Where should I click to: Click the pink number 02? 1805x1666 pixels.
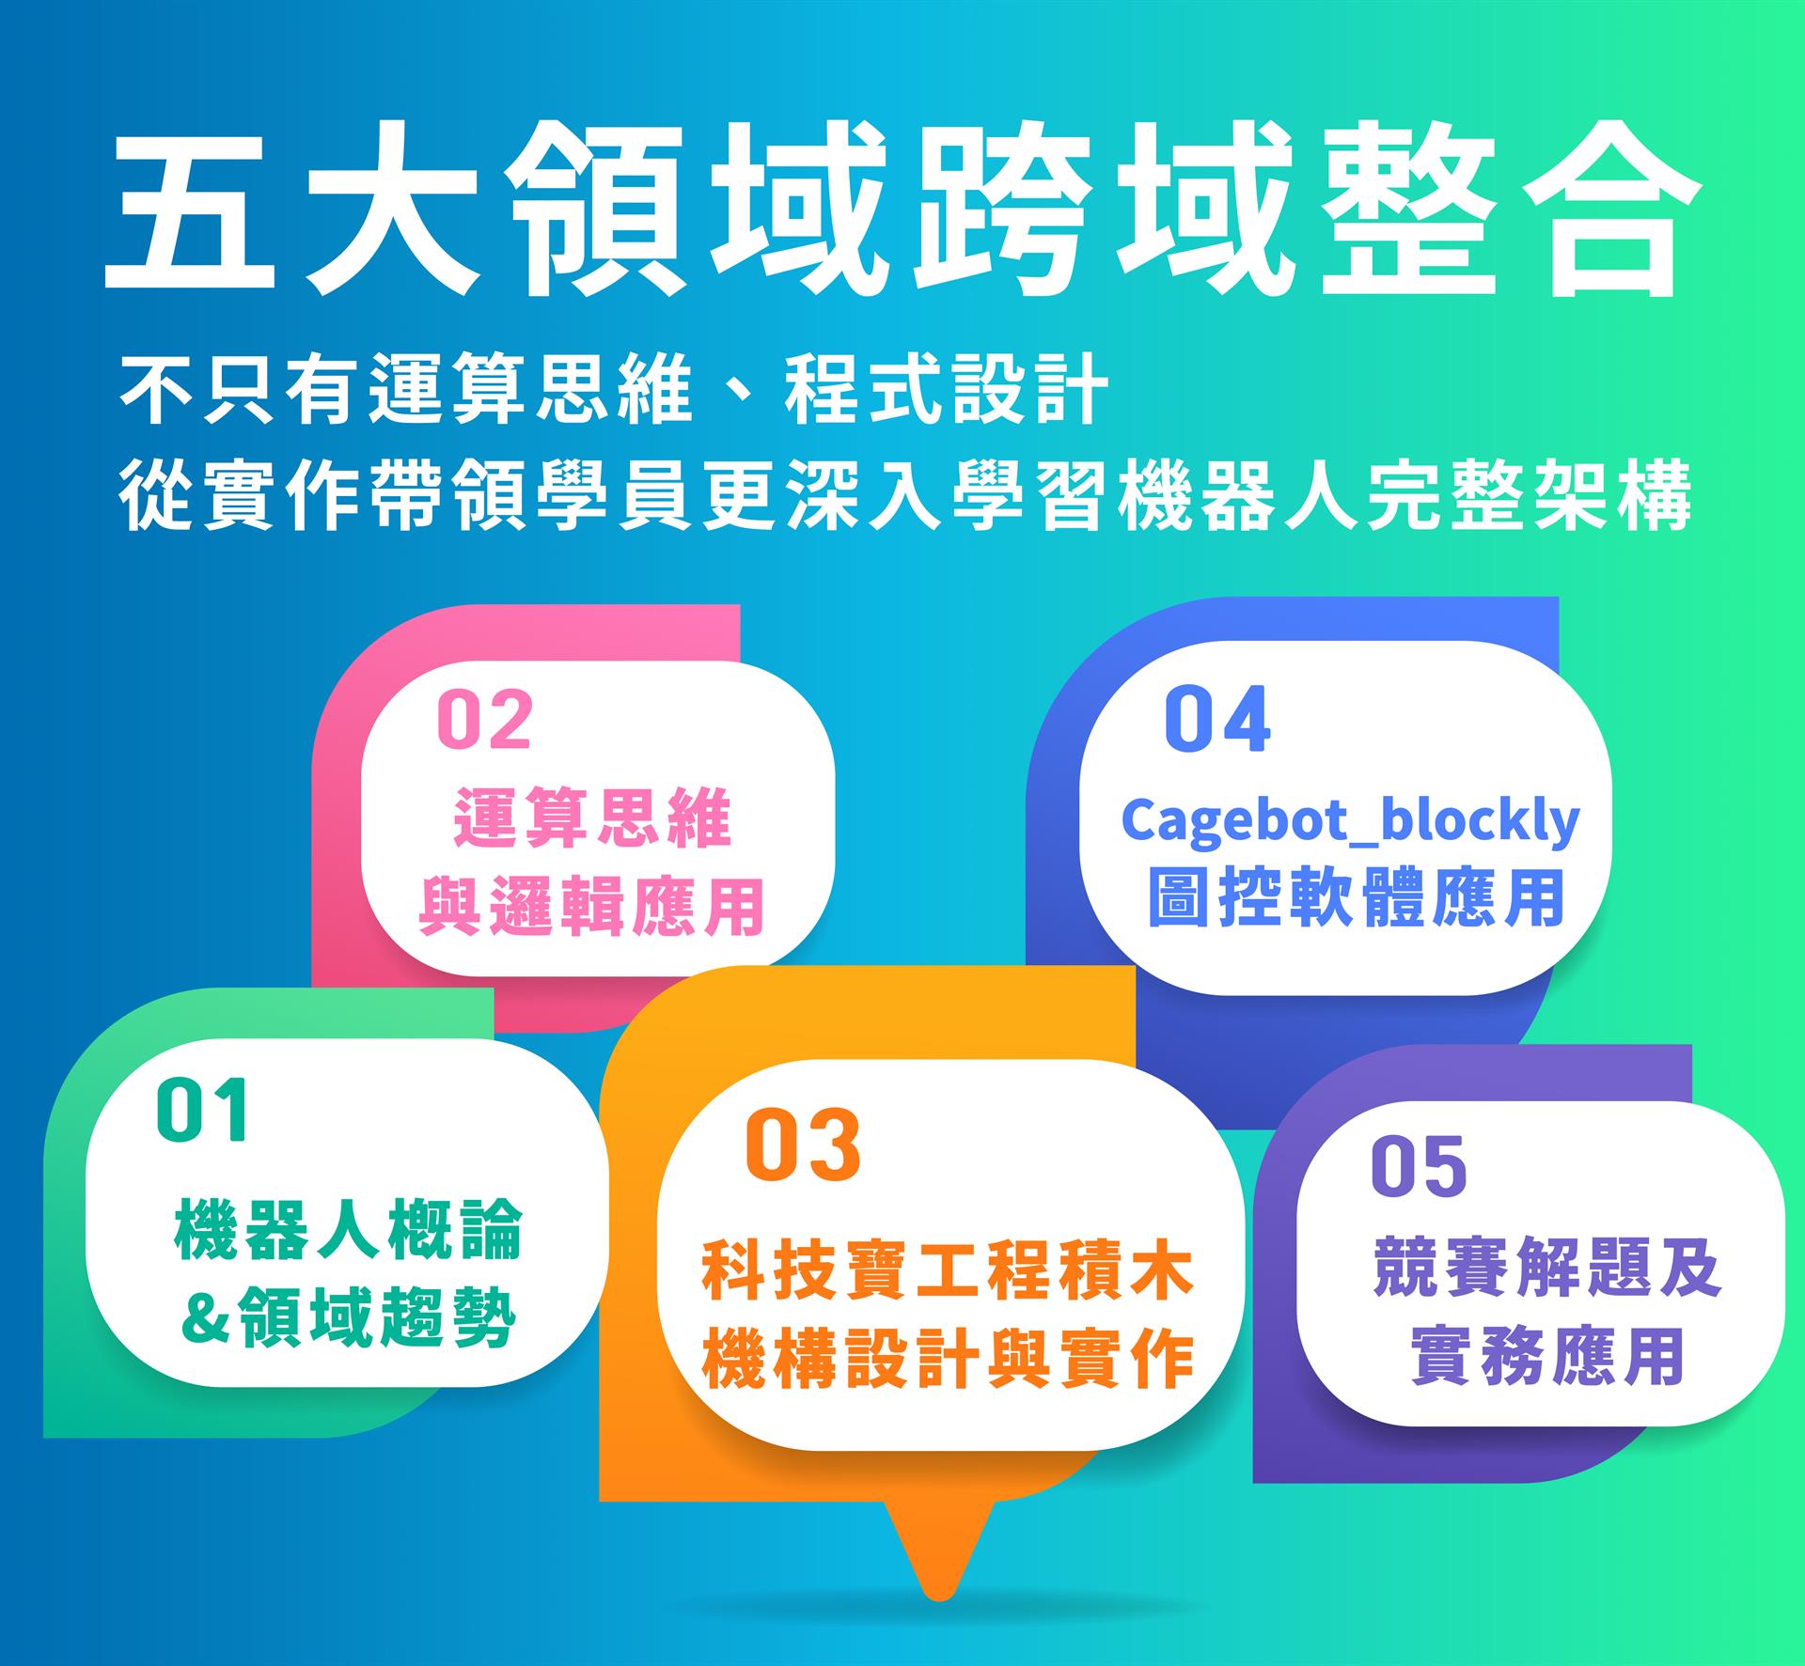pos(485,720)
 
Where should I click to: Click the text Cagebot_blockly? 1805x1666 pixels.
pos(1351,820)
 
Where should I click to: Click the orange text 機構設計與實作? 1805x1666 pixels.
pos(948,1360)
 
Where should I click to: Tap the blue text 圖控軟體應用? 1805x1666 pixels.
pos(1356,897)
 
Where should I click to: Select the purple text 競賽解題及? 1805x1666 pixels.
pos(1546,1268)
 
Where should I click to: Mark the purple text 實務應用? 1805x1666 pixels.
pos(1546,1356)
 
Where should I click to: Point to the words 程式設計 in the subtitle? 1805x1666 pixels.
pos(946,387)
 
